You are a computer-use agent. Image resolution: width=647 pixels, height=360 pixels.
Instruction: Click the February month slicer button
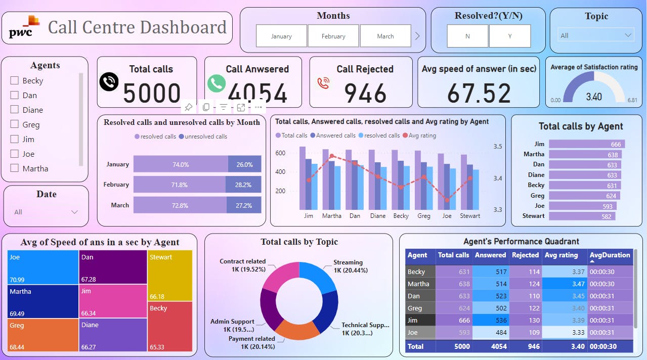[333, 36]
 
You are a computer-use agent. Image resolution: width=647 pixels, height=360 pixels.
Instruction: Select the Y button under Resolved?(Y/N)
[509, 36]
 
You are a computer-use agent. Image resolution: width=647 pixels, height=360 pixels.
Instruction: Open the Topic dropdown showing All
[596, 35]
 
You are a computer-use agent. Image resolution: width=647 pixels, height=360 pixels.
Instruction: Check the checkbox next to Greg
[15, 124]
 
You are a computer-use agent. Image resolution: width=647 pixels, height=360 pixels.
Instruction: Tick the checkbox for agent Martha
[15, 168]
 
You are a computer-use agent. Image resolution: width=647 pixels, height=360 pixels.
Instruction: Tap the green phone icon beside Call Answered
[217, 83]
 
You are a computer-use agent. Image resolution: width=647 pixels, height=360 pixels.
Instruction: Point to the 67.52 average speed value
[479, 93]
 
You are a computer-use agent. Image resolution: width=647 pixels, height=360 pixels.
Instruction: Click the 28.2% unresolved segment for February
[243, 185]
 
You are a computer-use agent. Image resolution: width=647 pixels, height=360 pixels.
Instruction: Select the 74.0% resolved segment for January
[181, 164]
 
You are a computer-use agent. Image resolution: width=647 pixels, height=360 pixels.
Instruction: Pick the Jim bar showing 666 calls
[587, 144]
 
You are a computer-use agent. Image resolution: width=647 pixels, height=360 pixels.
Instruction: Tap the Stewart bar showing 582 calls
[582, 216]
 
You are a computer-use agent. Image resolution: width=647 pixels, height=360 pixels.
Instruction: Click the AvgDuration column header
[610, 255]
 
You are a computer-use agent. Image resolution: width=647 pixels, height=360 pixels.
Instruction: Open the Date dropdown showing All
[46, 212]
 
